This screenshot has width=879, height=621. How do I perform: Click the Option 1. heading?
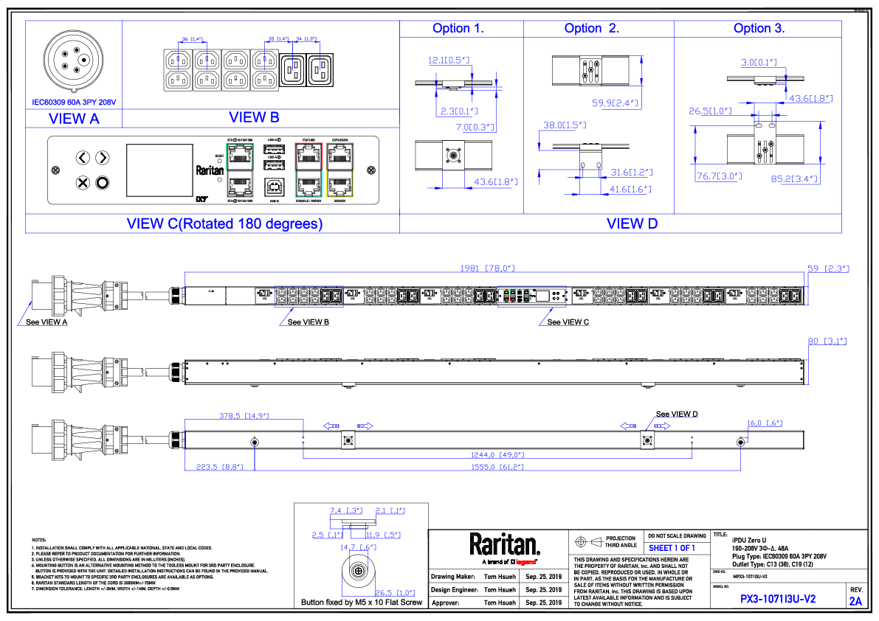pyautogui.click(x=458, y=29)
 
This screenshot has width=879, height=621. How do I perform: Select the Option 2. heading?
pyautogui.click(x=591, y=29)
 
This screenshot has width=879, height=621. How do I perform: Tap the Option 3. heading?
pyautogui.click(x=759, y=29)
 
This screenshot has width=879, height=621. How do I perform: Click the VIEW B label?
pyautogui.click(x=254, y=117)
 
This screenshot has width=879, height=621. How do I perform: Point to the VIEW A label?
pyautogui.click(x=74, y=119)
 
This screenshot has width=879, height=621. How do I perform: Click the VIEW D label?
pyautogui.click(x=632, y=223)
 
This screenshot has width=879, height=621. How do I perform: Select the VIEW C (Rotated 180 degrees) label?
pyautogui.click(x=224, y=224)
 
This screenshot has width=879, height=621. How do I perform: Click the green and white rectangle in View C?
pyautogui.click(x=240, y=170)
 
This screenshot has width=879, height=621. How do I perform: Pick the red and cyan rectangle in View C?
pyautogui.click(x=308, y=170)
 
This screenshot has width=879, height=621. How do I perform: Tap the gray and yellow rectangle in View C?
pyautogui.click(x=340, y=170)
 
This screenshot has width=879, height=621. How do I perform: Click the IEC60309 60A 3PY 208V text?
pyautogui.click(x=74, y=103)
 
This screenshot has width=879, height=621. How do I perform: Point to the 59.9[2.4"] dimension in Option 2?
pyautogui.click(x=616, y=104)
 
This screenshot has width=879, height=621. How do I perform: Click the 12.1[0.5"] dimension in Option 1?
pyautogui.click(x=449, y=60)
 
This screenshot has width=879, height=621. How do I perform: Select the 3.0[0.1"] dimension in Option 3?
pyautogui.click(x=759, y=63)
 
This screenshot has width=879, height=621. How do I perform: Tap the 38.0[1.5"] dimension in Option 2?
pyautogui.click(x=565, y=125)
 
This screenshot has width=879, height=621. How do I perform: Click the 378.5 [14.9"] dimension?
pyautogui.click(x=244, y=416)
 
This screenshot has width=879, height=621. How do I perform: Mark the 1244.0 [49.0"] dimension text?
pyautogui.click(x=497, y=455)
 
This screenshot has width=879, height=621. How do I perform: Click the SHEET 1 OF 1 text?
pyautogui.click(x=672, y=549)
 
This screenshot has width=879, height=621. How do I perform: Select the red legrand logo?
pyautogui.click(x=525, y=563)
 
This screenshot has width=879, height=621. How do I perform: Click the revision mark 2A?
pyautogui.click(x=855, y=602)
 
